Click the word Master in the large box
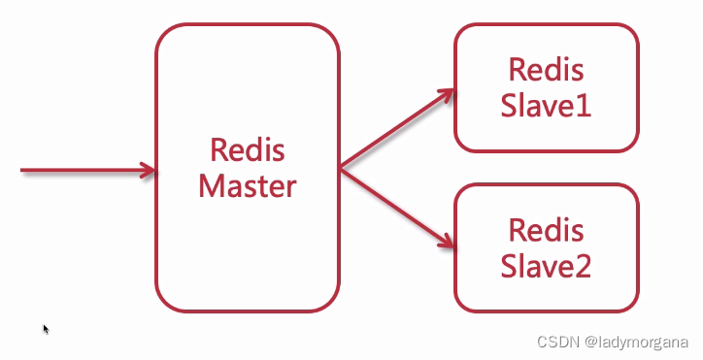click(x=247, y=185)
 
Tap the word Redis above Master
click(x=247, y=151)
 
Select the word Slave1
click(x=546, y=105)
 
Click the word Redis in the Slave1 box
click(x=546, y=71)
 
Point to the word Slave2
click(x=546, y=265)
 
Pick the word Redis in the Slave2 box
click(x=546, y=231)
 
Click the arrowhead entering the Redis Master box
click(x=148, y=171)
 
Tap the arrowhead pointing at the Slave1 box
click(x=447, y=96)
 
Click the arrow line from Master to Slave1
click(x=393, y=132)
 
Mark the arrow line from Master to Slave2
click(x=393, y=207)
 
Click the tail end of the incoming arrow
click(x=24, y=171)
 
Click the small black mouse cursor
click(x=46, y=329)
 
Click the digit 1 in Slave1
click(x=583, y=105)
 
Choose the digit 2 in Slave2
click(x=582, y=265)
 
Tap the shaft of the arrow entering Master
click(x=83, y=171)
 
